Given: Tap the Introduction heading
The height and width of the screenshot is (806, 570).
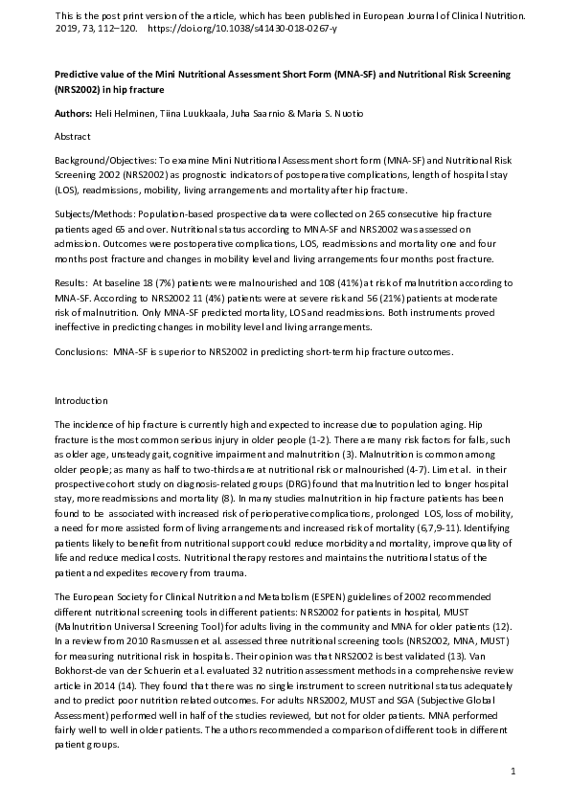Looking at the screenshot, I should pyautogui.click(x=81, y=400).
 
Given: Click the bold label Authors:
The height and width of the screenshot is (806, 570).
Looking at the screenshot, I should pyautogui.click(x=75, y=114).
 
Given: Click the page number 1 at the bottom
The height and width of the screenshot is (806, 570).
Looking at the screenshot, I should pyautogui.click(x=513, y=771).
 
